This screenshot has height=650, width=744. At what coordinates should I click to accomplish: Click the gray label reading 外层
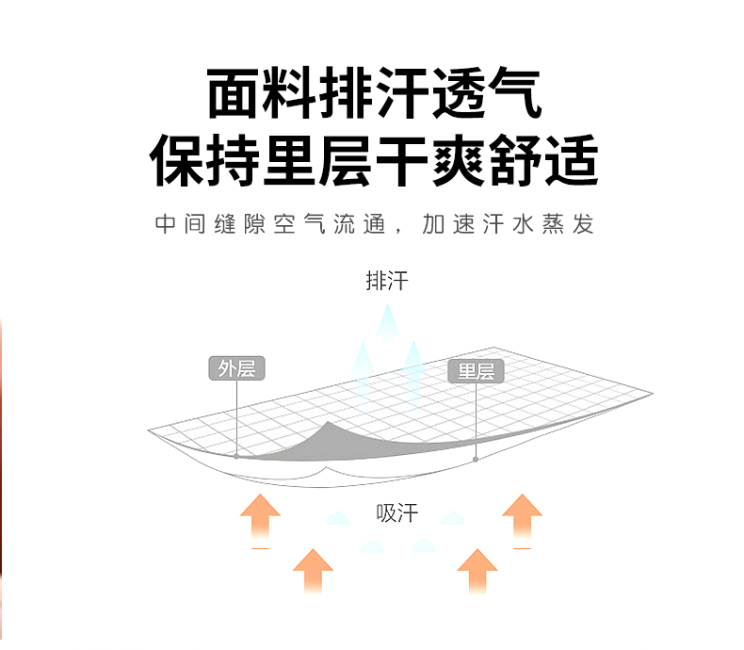click(236, 368)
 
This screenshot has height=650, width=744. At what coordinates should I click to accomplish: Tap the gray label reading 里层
click(476, 371)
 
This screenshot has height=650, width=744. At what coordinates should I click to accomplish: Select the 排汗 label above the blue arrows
click(386, 281)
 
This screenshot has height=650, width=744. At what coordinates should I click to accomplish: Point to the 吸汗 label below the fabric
click(396, 513)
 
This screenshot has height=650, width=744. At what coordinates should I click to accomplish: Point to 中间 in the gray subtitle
click(180, 225)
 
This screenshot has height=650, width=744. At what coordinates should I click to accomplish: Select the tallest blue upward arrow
click(386, 325)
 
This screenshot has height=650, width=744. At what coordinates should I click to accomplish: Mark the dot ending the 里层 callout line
click(476, 459)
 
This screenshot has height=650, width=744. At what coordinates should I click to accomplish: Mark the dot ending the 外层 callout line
click(236, 456)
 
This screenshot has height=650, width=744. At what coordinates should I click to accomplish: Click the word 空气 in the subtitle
click(308, 225)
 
